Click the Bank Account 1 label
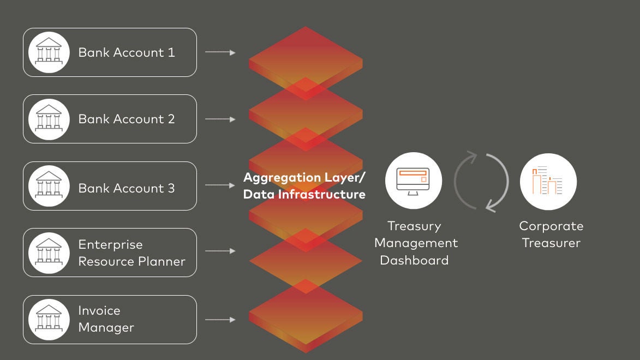click(127, 52)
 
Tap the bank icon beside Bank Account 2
click(49, 119)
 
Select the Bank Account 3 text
click(127, 188)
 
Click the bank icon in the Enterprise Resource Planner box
click(49, 253)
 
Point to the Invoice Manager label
click(106, 319)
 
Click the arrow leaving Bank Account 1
click(220, 52)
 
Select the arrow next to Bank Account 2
click(220, 119)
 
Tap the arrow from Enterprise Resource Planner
click(220, 251)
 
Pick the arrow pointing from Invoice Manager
click(220, 320)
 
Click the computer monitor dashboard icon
click(414, 181)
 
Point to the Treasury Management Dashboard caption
click(414, 243)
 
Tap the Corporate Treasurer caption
click(551, 235)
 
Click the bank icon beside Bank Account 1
click(49, 52)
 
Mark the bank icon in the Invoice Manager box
click(49, 319)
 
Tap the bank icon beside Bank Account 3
click(49, 186)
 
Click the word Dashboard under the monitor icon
click(414, 260)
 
